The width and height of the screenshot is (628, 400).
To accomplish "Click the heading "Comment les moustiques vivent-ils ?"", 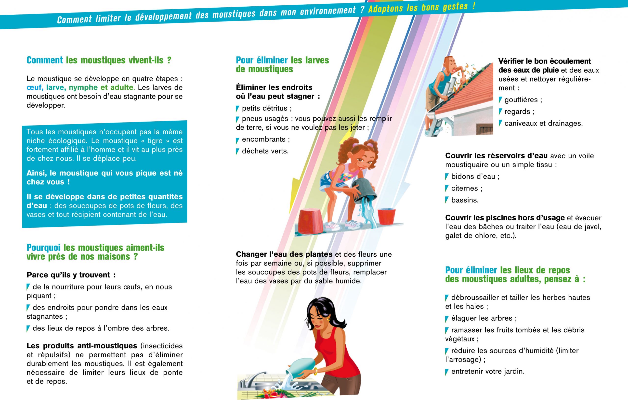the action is pyautogui.click(x=99, y=60).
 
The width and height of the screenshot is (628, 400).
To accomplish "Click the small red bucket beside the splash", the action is pyautogui.click(x=387, y=216).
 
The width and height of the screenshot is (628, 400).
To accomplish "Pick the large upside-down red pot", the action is pyautogui.click(x=311, y=221).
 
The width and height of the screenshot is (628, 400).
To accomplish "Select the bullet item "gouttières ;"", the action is pyautogui.click(x=520, y=100).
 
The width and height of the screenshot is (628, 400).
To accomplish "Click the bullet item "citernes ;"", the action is pyautogui.click(x=464, y=188).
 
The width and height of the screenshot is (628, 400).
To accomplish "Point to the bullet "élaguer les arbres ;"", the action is pyautogui.click(x=481, y=318).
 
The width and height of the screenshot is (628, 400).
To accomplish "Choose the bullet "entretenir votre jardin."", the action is pyautogui.click(x=485, y=371).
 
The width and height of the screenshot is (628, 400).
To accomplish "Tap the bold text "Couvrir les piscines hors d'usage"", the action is pyautogui.click(x=505, y=218).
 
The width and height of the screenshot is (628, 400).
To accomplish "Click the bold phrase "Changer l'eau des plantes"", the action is pyautogui.click(x=284, y=254).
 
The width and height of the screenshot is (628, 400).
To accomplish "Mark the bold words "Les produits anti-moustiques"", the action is pyautogui.click(x=82, y=346).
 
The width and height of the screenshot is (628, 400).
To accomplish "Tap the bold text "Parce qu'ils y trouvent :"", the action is pyautogui.click(x=71, y=275).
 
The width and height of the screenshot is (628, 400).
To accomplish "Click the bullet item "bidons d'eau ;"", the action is pyautogui.click(x=472, y=176).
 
